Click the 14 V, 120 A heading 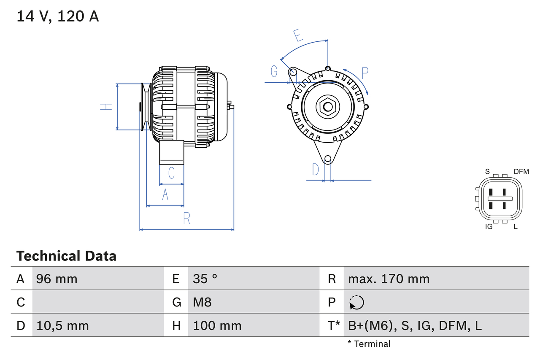(x=58, y=16)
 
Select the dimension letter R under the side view (x=187, y=218)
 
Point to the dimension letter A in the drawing (x=165, y=195)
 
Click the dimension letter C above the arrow (x=171, y=173)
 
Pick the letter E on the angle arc (x=298, y=36)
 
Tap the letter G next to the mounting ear (x=274, y=72)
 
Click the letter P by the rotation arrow (x=365, y=73)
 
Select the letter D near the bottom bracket (x=316, y=170)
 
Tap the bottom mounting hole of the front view (x=328, y=159)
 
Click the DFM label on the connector (x=521, y=171)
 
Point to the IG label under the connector (x=489, y=227)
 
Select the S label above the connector (x=487, y=171)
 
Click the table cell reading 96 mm (x=57, y=279)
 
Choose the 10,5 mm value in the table (x=62, y=325)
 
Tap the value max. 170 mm (x=389, y=279)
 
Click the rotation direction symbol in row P (x=356, y=302)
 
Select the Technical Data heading (x=66, y=256)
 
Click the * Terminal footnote (x=369, y=344)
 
